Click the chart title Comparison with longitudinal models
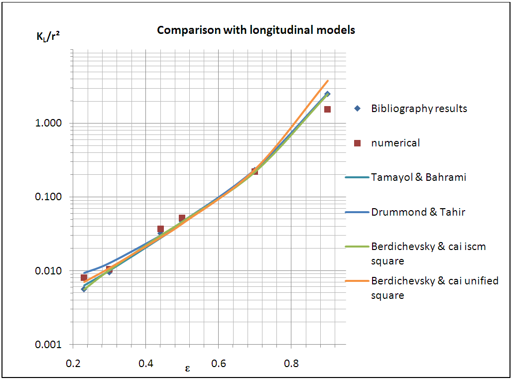(x=256, y=30)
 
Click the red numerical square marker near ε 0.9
(x=327, y=109)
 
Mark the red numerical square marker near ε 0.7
(x=255, y=171)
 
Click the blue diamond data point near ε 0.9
(x=327, y=94)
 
